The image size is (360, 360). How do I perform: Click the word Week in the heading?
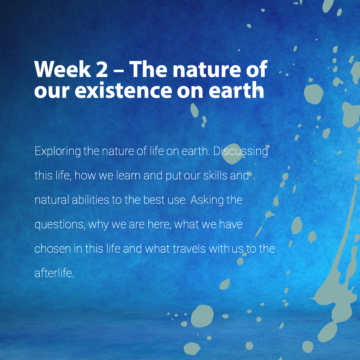point(62,69)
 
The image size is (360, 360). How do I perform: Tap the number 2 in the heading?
point(102,69)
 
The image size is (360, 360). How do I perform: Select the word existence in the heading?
point(123,90)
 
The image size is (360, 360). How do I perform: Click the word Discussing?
point(240,152)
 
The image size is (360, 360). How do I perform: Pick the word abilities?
point(90,200)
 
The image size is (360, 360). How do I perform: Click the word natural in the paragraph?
point(52,200)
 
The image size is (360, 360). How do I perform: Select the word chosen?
point(53,249)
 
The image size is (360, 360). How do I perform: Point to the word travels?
point(189,249)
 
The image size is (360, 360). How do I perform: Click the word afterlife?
point(54,273)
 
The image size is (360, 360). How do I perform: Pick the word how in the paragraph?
point(85,175)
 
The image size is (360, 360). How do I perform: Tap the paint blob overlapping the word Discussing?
point(232,154)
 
